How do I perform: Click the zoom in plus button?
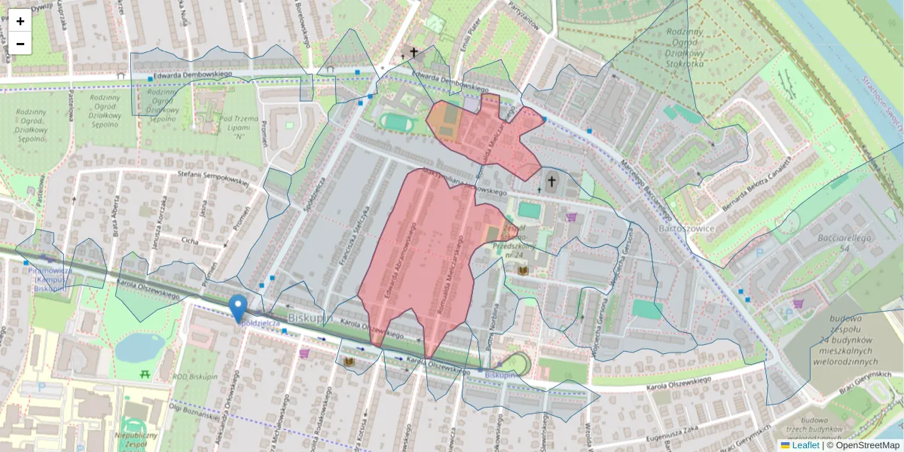tap(20, 21)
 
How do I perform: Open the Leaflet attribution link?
tap(805, 445)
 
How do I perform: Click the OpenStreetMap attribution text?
tap(863, 445)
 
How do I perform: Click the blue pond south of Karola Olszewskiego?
tap(139, 347)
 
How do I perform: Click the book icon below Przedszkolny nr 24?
tap(523, 270)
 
